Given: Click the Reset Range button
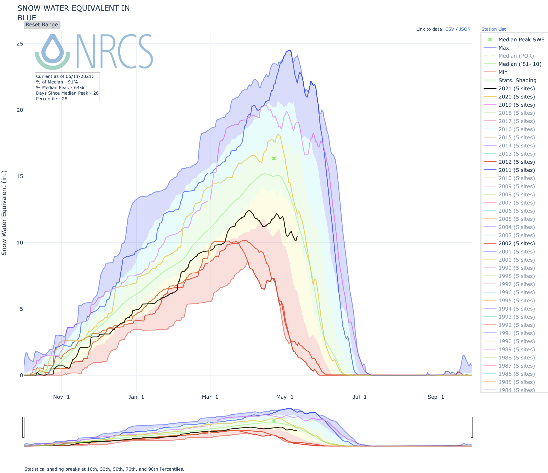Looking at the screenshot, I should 42,25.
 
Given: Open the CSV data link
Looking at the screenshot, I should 449,29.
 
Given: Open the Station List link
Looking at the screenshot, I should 493,29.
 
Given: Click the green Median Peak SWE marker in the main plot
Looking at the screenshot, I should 274,158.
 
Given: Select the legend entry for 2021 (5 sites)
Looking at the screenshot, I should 516,89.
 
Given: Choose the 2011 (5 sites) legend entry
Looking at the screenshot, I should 516,170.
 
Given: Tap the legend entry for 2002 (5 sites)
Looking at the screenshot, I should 516,243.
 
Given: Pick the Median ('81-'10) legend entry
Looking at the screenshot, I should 520,64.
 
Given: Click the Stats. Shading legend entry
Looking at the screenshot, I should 517,80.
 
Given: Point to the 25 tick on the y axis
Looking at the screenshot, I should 20,44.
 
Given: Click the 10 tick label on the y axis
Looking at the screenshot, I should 20,243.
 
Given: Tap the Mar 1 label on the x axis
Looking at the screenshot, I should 210,397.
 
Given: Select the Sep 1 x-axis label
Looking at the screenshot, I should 436,397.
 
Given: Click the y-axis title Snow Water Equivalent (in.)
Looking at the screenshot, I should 4,213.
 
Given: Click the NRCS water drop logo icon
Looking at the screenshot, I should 53,52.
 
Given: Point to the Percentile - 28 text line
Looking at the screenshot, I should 52,99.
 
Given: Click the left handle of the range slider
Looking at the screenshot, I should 24,427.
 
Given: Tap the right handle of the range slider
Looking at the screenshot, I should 472,427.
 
